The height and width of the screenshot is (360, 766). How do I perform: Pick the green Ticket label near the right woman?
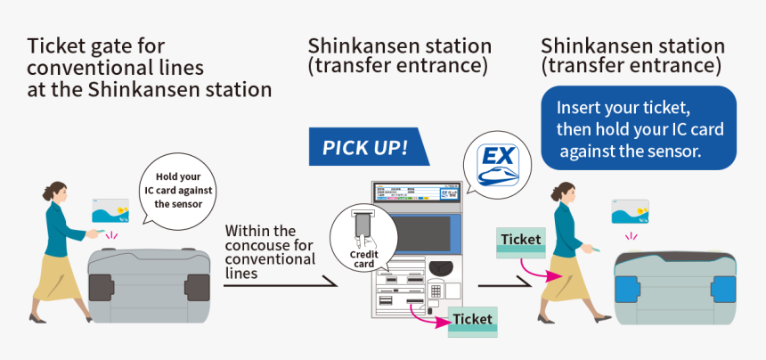coord(520,240)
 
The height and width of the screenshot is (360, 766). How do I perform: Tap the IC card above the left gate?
coord(112,210)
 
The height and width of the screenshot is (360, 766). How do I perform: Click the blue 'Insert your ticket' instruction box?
coord(639,128)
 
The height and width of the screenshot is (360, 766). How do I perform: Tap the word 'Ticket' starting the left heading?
coord(54,45)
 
